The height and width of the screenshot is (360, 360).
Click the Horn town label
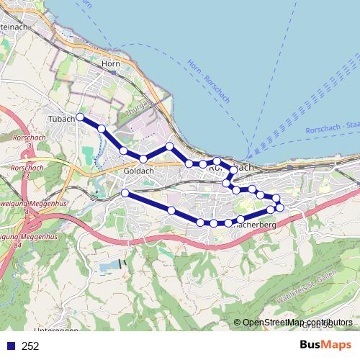pos(110,64)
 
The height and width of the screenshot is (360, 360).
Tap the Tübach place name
pos(61,118)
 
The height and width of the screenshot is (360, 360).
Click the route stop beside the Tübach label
pos(80,117)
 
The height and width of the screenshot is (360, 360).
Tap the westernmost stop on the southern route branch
pos(125,193)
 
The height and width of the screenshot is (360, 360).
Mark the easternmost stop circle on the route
pos(280,208)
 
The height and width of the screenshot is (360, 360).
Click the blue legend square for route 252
pos(12,346)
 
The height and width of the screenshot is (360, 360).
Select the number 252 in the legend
pos(30,346)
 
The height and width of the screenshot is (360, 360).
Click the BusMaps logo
pos(325,346)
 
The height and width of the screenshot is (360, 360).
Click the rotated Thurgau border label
pos(136,108)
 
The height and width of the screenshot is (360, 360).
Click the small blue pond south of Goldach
pos(108,268)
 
